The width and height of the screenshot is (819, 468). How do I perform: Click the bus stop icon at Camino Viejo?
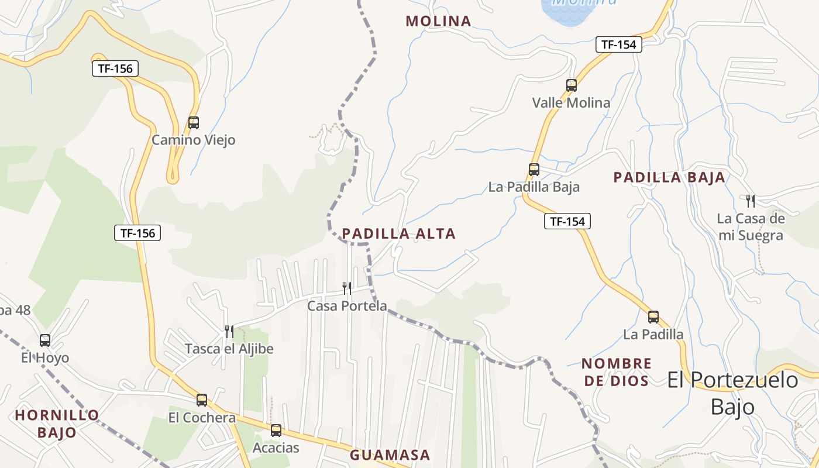coord(194,123)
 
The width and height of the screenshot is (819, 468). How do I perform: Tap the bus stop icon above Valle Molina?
coord(572,85)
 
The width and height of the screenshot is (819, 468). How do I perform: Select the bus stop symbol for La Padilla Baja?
coord(534,170)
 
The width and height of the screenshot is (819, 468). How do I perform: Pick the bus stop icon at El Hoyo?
coord(45,340)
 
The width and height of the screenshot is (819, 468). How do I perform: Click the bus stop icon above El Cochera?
coord(202,400)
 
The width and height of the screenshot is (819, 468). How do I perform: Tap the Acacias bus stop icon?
coord(276,431)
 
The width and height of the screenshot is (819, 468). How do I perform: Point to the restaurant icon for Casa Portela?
coord(347,288)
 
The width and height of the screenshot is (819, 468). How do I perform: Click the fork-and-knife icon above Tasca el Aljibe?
coord(229,332)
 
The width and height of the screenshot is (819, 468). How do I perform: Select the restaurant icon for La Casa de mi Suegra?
coord(750,201)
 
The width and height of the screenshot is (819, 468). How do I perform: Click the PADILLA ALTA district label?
coord(399,234)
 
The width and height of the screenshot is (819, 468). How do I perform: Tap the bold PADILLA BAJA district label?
coord(669,177)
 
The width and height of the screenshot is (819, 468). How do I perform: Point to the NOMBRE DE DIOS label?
coord(616,372)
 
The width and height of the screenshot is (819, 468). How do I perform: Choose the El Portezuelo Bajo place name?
coord(732,393)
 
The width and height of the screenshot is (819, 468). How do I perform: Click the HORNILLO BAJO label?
coord(57,424)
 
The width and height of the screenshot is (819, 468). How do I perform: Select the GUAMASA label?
coord(390,455)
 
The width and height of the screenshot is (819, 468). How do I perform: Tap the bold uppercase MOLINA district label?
coord(438,21)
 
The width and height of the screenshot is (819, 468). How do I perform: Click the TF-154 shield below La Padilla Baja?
coord(567,221)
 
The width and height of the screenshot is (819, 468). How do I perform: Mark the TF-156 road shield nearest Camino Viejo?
coord(115,68)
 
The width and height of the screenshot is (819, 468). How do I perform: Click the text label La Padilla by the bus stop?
coord(653,335)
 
